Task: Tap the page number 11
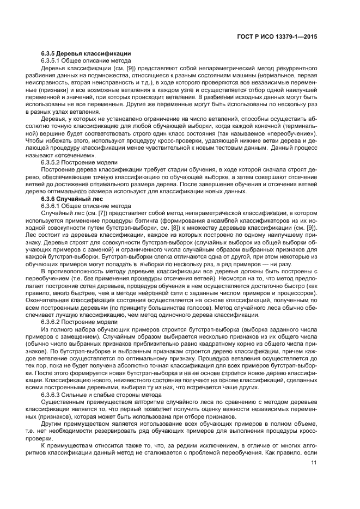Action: (314, 463)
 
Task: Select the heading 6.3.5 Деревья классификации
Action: (86, 54)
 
